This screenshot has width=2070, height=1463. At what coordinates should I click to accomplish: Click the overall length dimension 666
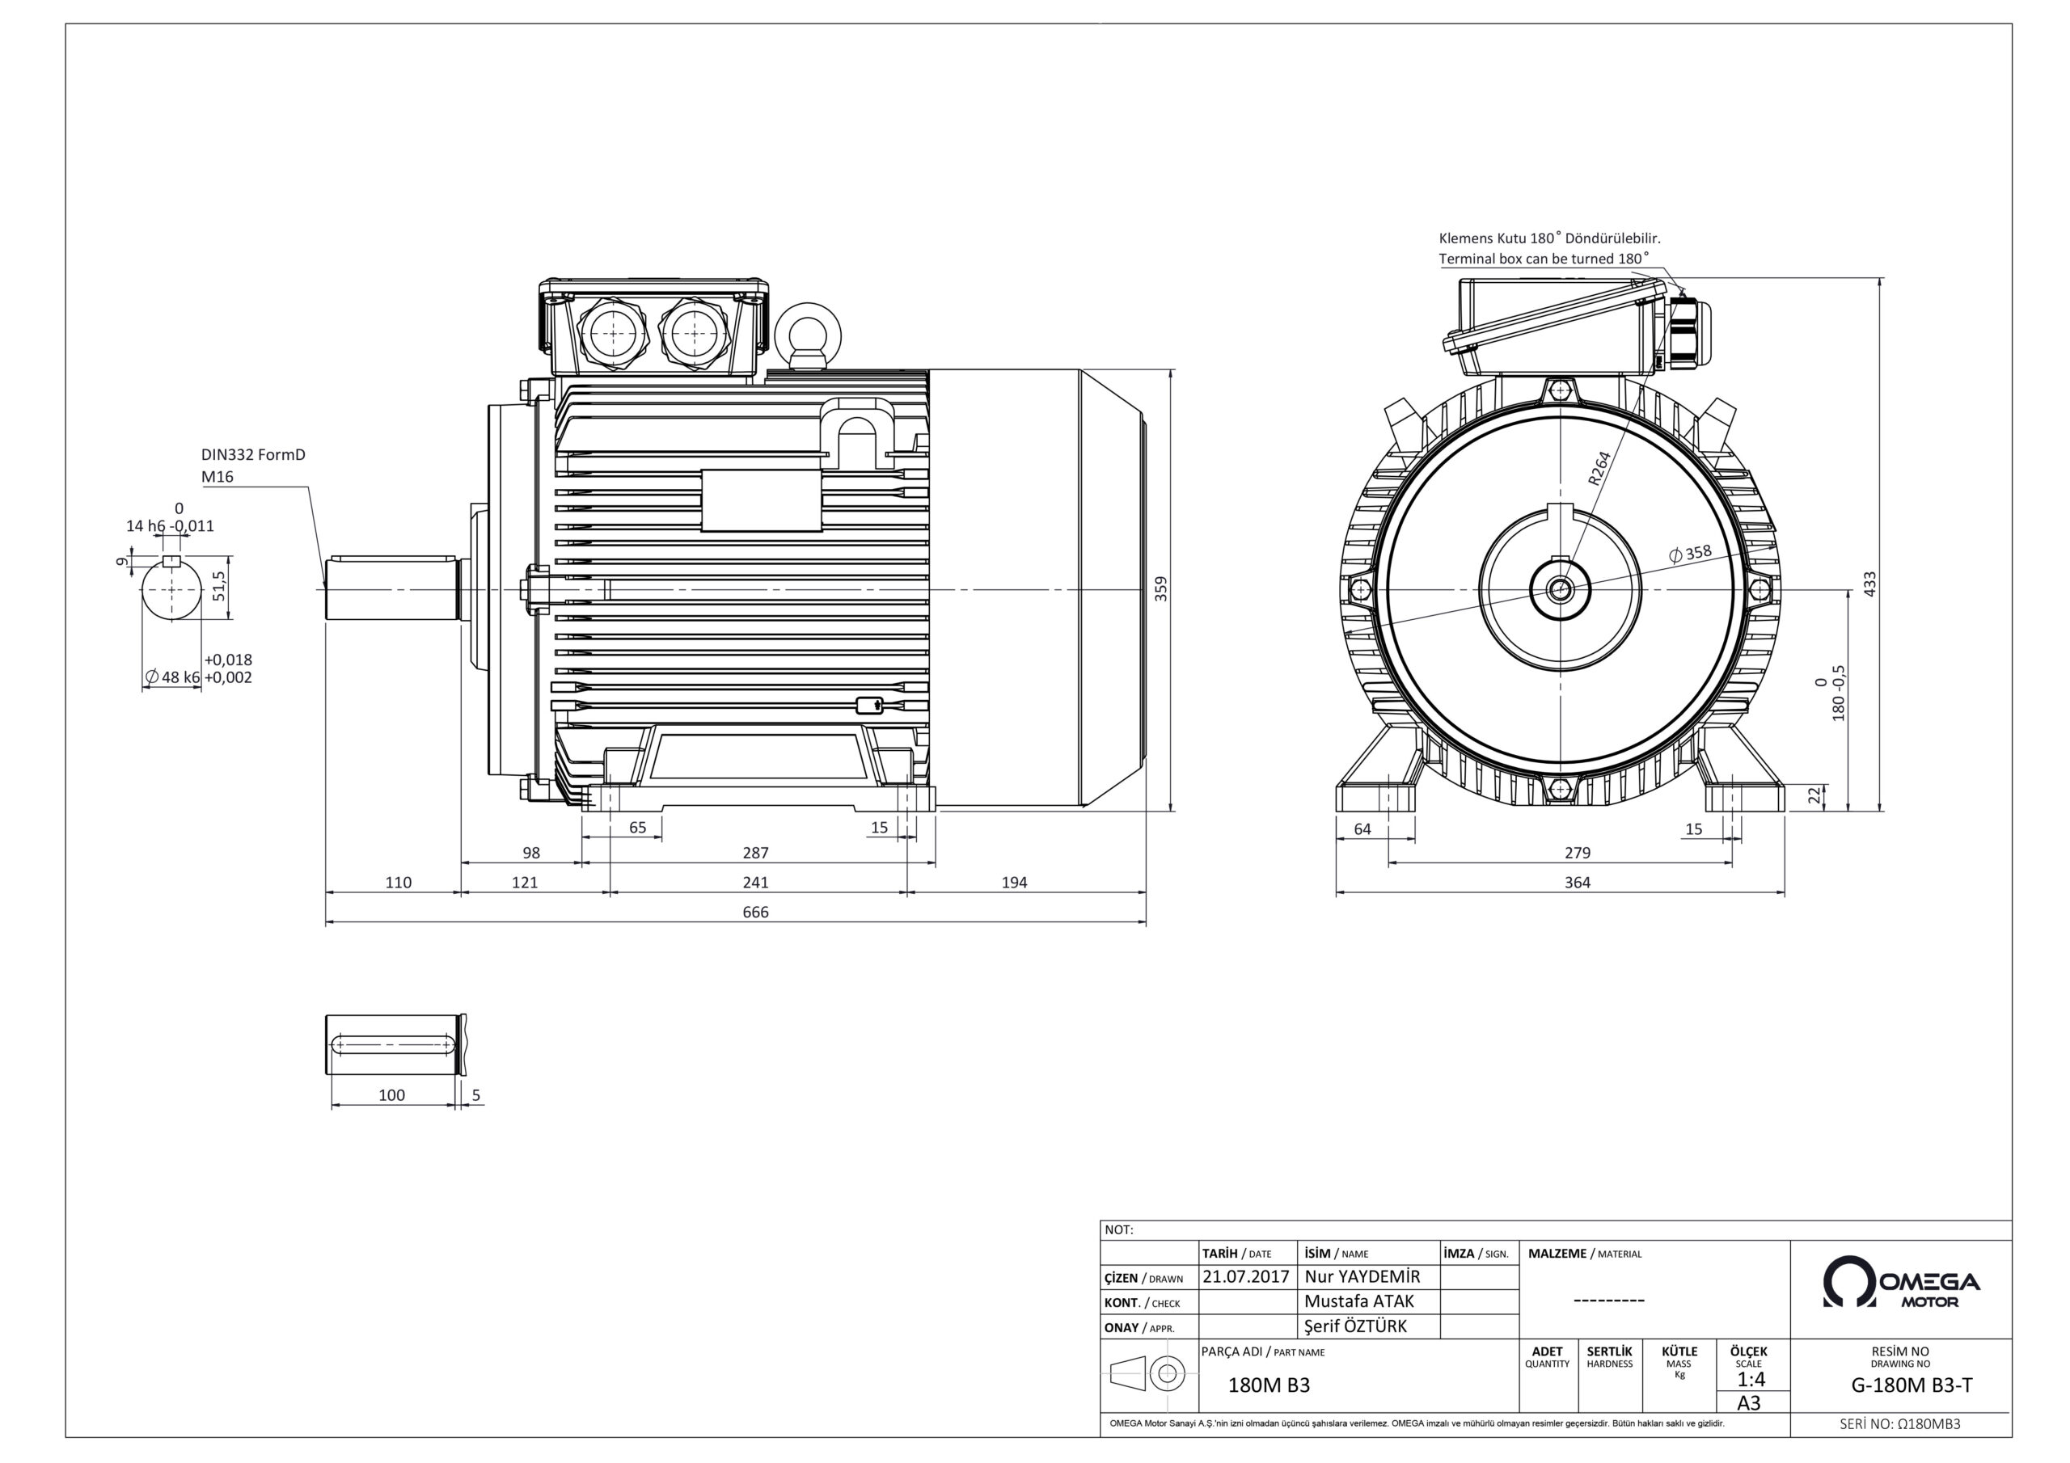[x=754, y=913]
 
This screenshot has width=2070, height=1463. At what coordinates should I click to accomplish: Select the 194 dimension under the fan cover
[x=1013, y=883]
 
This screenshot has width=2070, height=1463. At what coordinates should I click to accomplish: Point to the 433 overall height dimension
[x=1869, y=584]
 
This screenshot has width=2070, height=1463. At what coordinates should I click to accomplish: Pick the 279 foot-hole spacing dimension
[x=1577, y=853]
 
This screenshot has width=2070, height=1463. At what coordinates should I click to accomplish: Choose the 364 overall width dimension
[x=1577, y=883]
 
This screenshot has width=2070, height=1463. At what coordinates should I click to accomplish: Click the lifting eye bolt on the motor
[x=808, y=333]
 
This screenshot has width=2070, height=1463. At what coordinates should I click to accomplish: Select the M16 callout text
[x=218, y=477]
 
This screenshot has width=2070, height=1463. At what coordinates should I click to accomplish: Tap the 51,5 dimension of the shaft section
[x=218, y=586]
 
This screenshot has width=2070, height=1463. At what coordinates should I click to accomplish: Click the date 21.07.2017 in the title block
[x=1245, y=1277]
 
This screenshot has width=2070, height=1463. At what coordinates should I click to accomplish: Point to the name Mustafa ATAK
[x=1358, y=1301]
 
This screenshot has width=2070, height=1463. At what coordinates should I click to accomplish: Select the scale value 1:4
[x=1750, y=1379]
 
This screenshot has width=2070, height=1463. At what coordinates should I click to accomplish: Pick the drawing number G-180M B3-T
[x=1912, y=1385]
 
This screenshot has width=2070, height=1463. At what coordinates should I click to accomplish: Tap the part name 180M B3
[x=1269, y=1385]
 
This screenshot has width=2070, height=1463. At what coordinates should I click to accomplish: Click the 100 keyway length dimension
[x=391, y=1095]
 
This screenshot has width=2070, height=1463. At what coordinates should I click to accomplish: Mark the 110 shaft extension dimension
[x=398, y=883]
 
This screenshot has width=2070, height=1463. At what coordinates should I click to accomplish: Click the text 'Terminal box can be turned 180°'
[x=1543, y=259]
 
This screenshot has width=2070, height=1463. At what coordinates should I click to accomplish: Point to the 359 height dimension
[x=1161, y=589]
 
